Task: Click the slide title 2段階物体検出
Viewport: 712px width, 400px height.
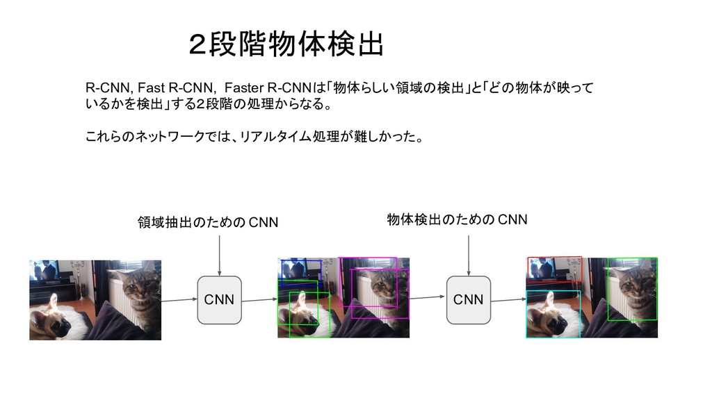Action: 286,46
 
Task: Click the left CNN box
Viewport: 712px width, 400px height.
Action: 219,300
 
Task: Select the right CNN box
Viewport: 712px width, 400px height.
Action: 468,300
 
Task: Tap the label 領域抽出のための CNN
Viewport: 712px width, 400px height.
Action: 208,222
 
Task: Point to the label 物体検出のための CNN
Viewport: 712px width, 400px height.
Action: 457,221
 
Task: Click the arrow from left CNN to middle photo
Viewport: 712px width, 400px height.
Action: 258,300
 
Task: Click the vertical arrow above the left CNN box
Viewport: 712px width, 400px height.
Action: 219,254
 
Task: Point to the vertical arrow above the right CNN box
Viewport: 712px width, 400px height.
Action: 468,254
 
